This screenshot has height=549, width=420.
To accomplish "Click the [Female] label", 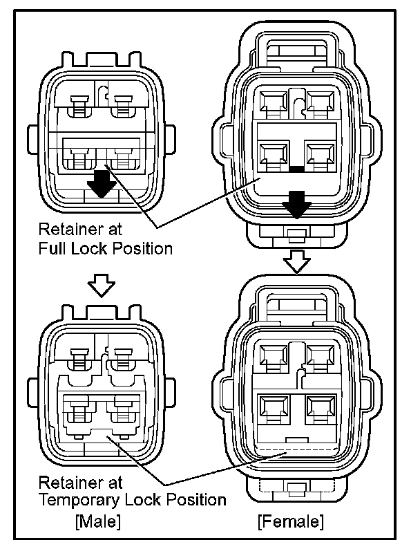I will click(x=290, y=519).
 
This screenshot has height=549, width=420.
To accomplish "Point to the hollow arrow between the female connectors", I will click(x=298, y=261).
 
